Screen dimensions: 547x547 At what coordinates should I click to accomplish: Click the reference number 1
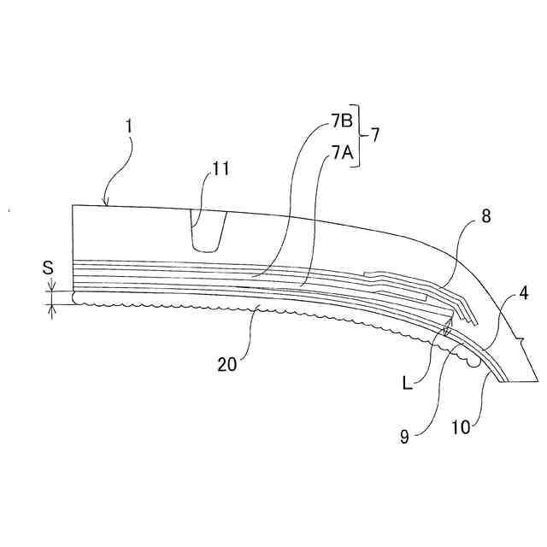128,126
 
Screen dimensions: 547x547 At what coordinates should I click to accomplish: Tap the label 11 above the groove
221,169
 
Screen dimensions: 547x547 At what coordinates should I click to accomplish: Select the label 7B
342,122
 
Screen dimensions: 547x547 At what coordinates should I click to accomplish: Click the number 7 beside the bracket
375,135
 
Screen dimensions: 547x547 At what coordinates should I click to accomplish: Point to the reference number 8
485,217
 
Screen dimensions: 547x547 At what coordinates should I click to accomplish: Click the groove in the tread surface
208,232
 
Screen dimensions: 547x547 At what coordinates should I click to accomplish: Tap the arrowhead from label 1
105,204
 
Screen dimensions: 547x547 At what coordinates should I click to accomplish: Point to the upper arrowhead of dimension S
52,288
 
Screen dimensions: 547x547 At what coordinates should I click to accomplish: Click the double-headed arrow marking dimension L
446,329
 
